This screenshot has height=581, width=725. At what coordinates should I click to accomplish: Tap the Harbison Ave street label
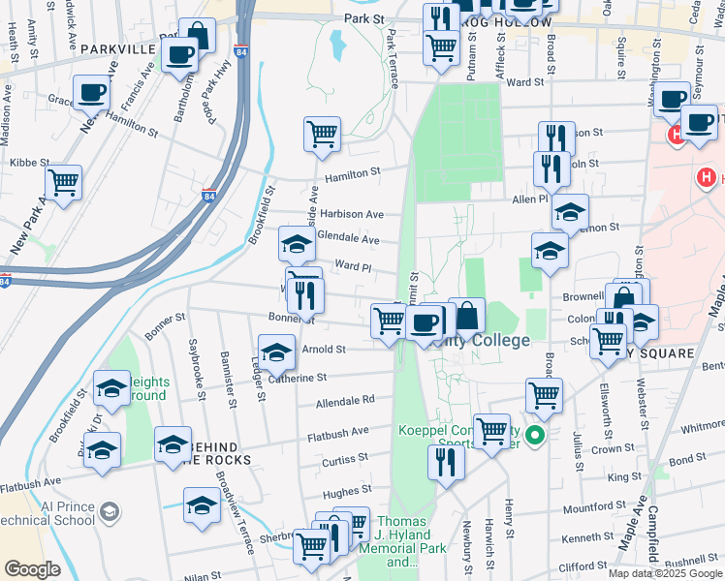click(353, 214)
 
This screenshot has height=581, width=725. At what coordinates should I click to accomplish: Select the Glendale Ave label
click(348, 238)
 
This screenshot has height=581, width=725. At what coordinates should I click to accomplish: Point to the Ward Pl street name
click(353, 265)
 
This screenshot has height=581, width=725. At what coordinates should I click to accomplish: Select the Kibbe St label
click(31, 163)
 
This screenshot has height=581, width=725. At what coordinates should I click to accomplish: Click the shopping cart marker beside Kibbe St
click(63, 182)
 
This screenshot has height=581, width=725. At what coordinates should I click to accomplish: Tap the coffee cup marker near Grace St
click(92, 93)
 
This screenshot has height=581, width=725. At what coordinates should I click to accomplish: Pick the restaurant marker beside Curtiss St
click(445, 463)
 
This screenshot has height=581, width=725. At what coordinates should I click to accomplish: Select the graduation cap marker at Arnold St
click(276, 352)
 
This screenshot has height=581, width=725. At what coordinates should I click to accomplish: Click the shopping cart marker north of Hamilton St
click(322, 135)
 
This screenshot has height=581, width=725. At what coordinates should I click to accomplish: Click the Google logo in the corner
click(31, 569)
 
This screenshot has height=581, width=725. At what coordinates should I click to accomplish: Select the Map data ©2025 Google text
click(665, 573)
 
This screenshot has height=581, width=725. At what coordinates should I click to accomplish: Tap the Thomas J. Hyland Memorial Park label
click(400, 541)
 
